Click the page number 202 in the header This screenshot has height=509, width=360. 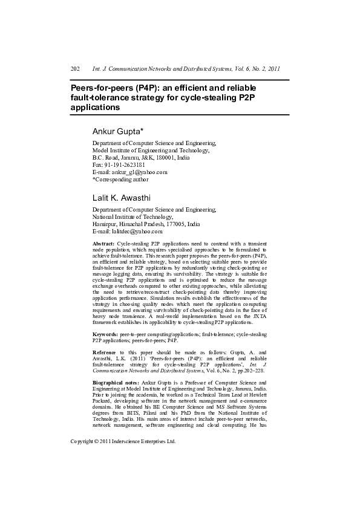[x=76, y=69]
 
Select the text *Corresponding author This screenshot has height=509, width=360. [x=120, y=179]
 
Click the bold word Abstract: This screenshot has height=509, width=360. [x=103, y=242]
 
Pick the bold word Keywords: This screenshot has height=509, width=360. [x=105, y=334]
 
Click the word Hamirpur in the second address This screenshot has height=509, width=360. [x=105, y=224]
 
